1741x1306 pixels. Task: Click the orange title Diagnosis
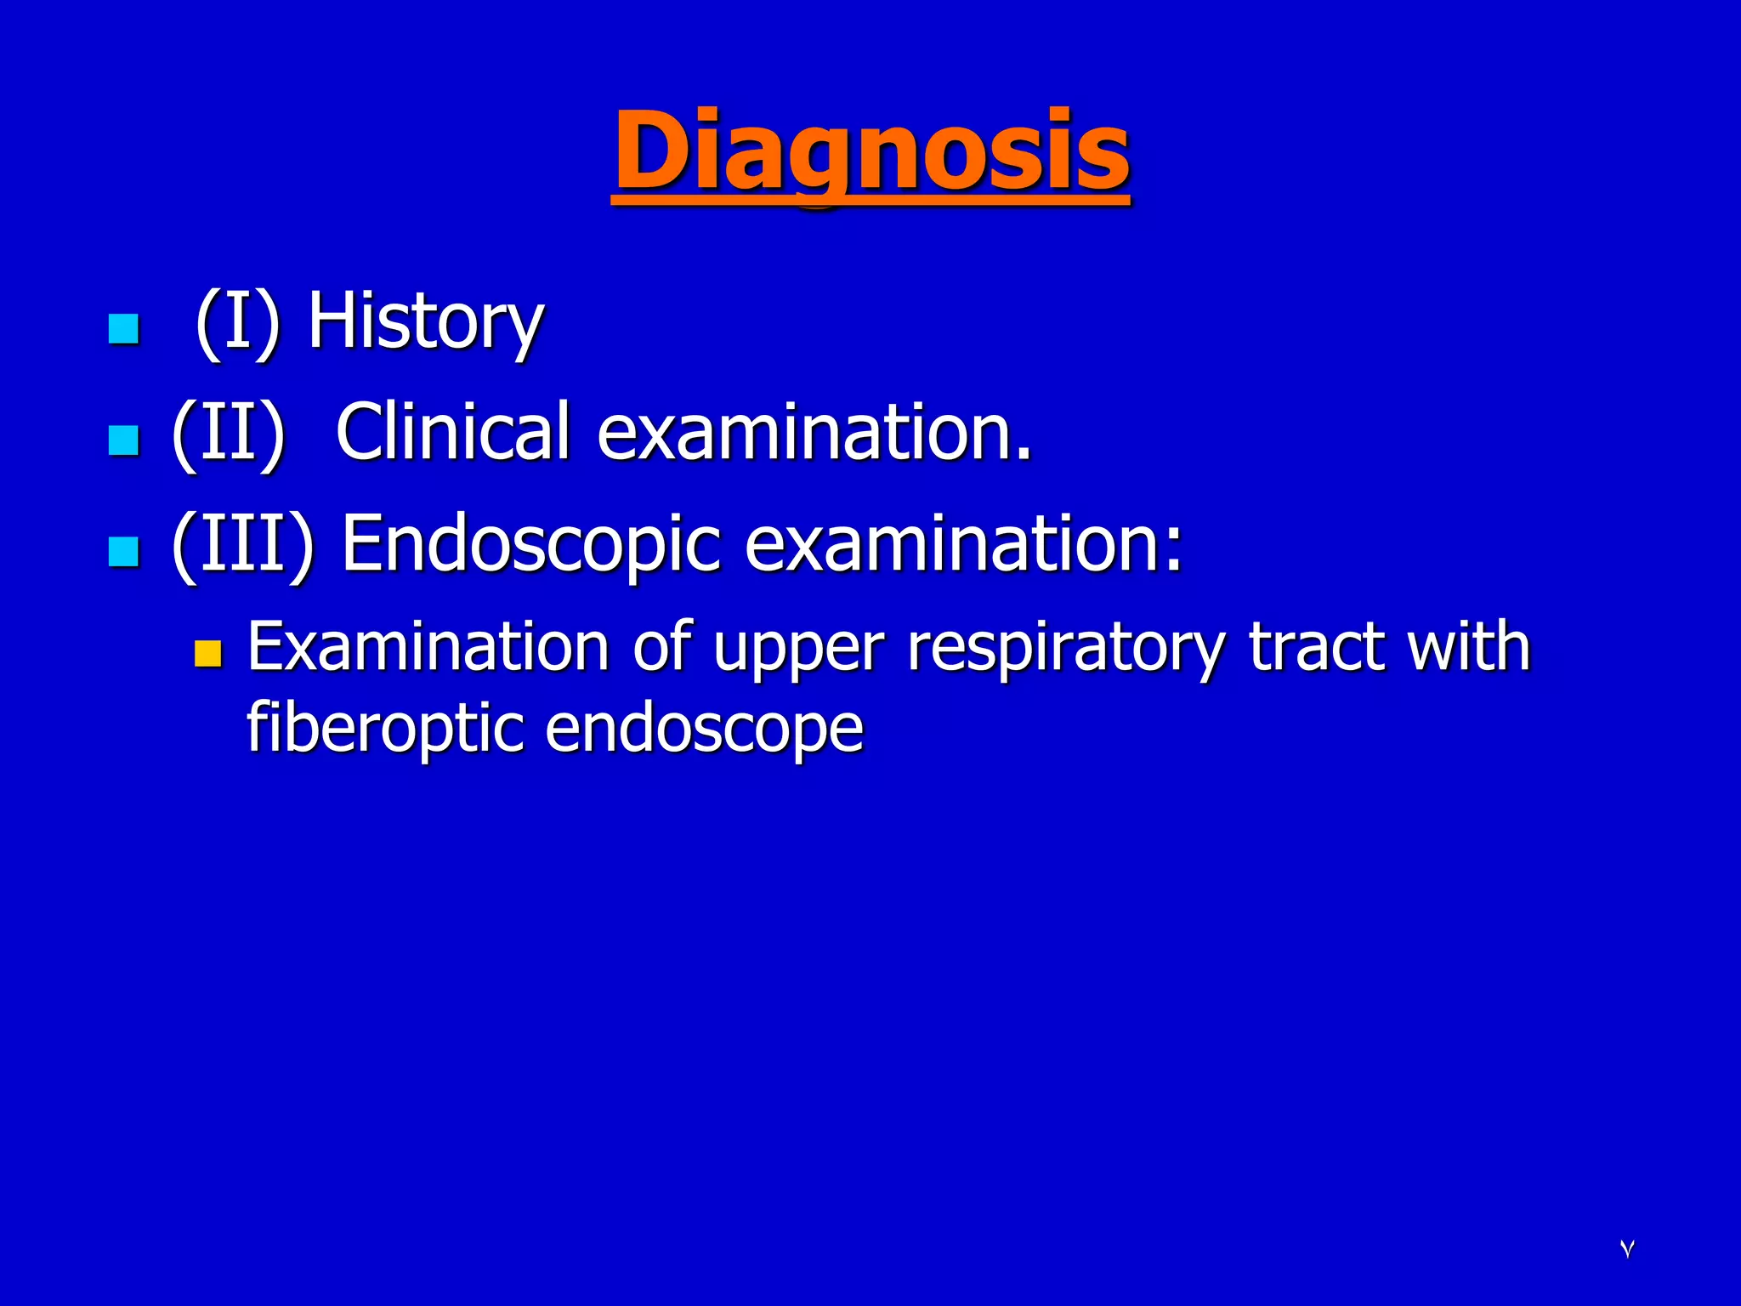[x=870, y=153]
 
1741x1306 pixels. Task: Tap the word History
[x=425, y=323]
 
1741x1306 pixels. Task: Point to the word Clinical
[x=452, y=431]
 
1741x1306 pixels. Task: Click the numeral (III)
[x=242, y=544]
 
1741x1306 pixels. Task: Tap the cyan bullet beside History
[x=124, y=329]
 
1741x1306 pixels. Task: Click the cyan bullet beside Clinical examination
[x=124, y=440]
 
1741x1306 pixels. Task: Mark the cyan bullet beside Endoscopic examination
[x=124, y=552]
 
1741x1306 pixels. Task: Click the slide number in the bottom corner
[x=1627, y=1249]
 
